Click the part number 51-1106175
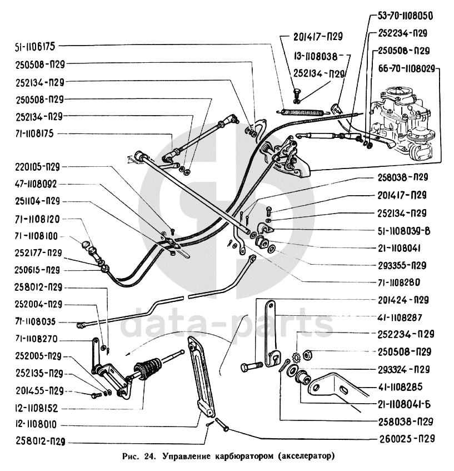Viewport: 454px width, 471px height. point(36,47)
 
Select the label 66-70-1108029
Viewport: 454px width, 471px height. point(407,69)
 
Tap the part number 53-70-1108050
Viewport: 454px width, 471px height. point(405,16)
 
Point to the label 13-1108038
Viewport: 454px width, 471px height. point(315,56)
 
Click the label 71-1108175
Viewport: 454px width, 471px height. point(34,133)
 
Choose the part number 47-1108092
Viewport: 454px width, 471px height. point(36,184)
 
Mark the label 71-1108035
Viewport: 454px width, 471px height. point(36,322)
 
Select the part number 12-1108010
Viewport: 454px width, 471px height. point(36,424)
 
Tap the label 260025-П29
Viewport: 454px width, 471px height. point(407,439)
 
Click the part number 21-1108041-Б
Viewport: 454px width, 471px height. point(404,404)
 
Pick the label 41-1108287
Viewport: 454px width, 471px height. point(400,317)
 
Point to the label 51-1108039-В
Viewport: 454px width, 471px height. point(404,231)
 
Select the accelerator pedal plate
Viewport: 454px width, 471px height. point(201,376)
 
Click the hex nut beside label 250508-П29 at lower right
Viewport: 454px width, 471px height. point(307,355)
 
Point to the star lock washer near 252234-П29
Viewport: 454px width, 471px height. point(296,359)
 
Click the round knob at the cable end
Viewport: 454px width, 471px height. point(86,245)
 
